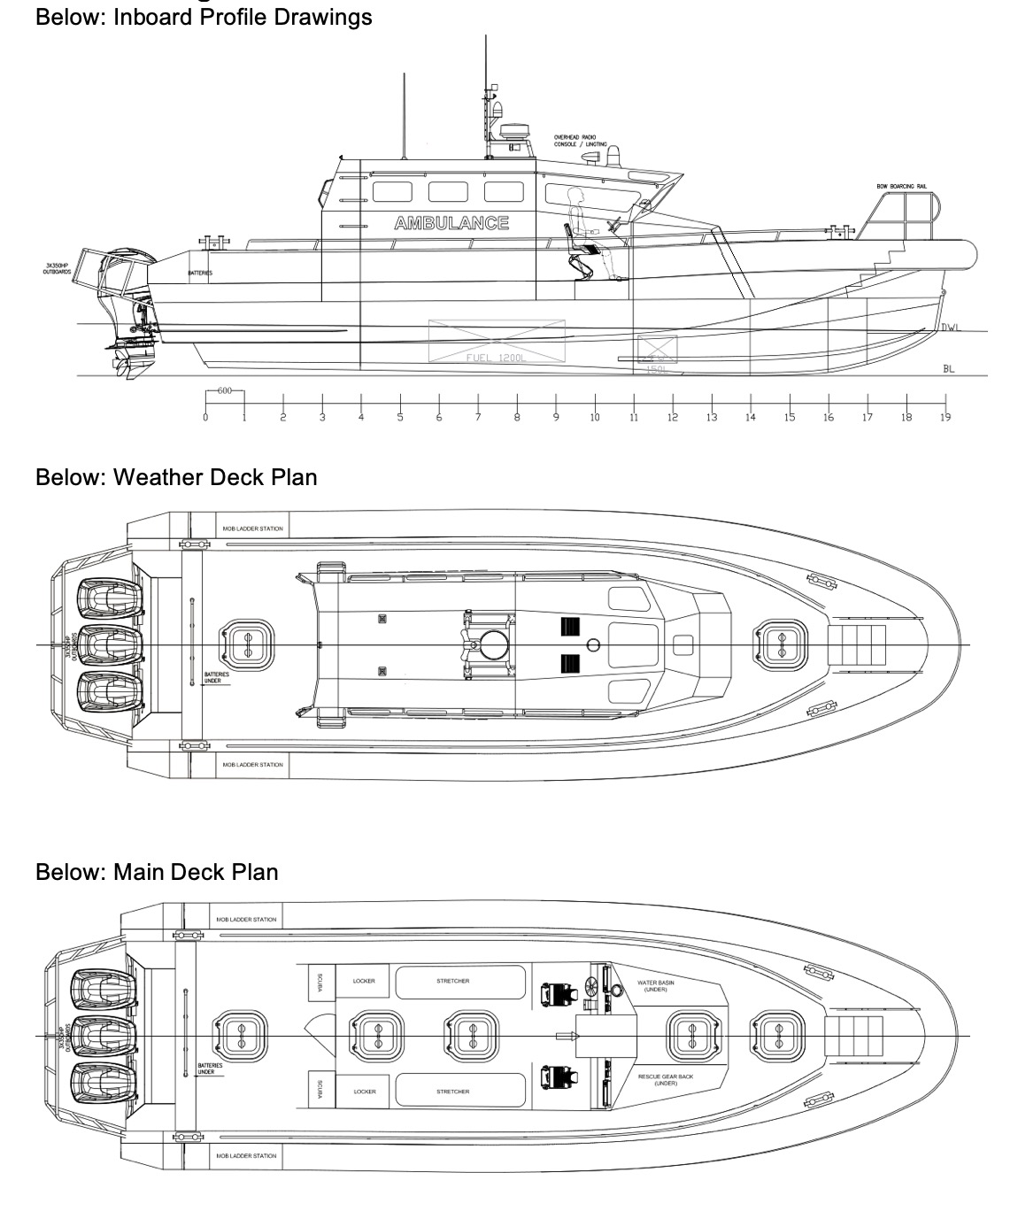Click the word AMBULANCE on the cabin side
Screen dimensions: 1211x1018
[x=451, y=223]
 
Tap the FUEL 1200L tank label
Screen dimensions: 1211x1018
[x=497, y=356]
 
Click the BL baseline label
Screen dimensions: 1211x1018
[x=949, y=368]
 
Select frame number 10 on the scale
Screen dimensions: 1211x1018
[x=595, y=418]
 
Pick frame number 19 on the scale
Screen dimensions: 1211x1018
[x=945, y=418]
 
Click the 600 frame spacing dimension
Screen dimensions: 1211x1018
[x=224, y=391]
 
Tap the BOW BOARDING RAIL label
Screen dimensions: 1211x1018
[x=902, y=187]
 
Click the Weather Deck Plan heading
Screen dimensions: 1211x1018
[x=176, y=477]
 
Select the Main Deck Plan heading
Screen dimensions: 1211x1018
[x=157, y=872]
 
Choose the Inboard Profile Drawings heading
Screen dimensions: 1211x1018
[x=204, y=17]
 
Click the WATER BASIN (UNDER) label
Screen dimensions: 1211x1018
[x=656, y=985]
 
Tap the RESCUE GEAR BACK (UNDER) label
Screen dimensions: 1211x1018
[x=666, y=1080]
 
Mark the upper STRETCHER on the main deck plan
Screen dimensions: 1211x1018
[x=453, y=981]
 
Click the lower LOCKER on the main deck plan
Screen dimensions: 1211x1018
[x=365, y=1091]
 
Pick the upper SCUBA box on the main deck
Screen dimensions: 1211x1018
[x=320, y=982]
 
